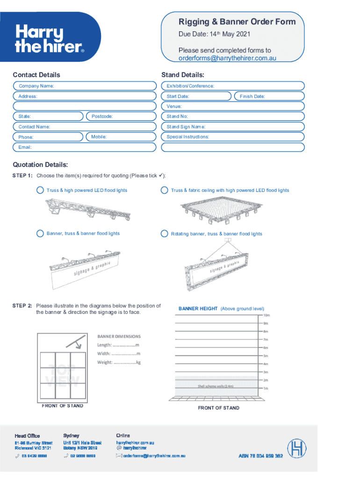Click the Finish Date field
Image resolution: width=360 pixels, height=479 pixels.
click(268, 96)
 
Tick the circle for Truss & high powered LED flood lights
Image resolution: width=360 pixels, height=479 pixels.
click(40, 190)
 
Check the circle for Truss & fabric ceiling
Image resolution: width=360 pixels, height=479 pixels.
click(164, 190)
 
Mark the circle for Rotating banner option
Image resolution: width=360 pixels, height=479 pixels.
click(164, 233)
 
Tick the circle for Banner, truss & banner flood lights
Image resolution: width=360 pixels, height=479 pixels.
click(40, 233)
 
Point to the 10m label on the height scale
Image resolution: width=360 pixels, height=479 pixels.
click(266, 315)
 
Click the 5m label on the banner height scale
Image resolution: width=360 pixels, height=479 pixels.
click(266, 356)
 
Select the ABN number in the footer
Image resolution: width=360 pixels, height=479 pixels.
click(261, 456)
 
